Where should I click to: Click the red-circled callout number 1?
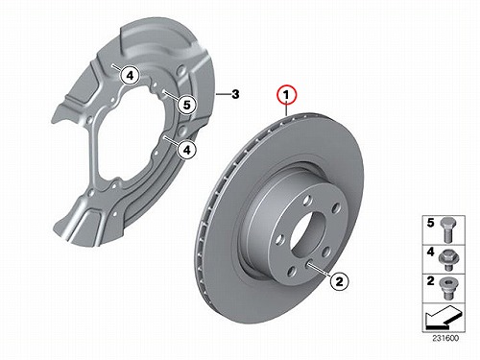[287, 95]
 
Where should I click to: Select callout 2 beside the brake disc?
[339, 281]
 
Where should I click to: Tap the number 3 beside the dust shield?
[235, 94]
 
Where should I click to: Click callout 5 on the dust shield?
[187, 105]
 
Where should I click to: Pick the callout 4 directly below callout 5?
[187, 149]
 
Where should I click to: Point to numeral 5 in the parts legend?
[431, 223]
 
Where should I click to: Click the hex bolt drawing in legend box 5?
[447, 230]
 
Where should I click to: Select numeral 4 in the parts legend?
[431, 252]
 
